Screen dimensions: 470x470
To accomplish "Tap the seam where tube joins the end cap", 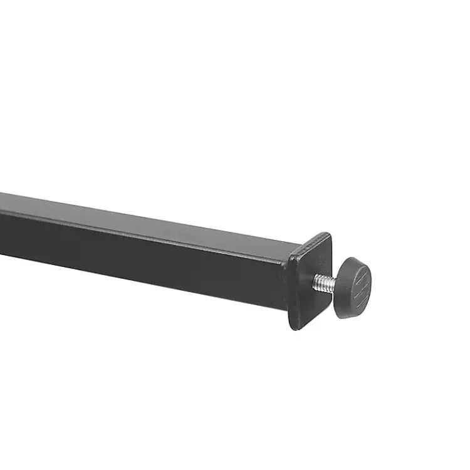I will click(x=290, y=276).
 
